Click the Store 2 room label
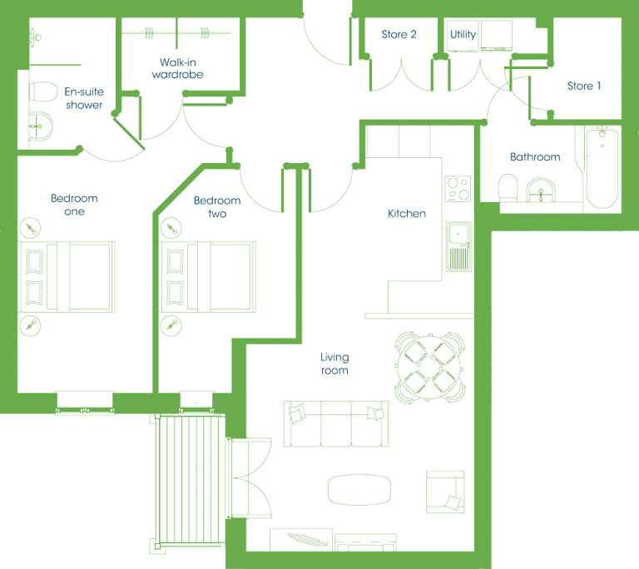click(399, 34)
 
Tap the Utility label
click(463, 34)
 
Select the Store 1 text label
click(584, 86)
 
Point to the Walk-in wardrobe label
click(178, 68)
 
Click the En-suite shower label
click(84, 98)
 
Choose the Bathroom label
click(535, 157)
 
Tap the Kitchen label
click(407, 214)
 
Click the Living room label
click(334, 364)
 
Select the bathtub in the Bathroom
click(602, 168)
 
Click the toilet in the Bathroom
click(508, 187)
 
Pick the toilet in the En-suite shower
click(42, 92)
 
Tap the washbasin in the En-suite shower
click(40, 126)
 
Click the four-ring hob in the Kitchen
click(458, 189)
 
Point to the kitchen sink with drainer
click(459, 246)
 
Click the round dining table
click(429, 367)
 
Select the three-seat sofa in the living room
click(336, 424)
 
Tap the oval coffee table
click(359, 489)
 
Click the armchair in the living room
click(445, 492)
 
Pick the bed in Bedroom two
click(207, 277)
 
